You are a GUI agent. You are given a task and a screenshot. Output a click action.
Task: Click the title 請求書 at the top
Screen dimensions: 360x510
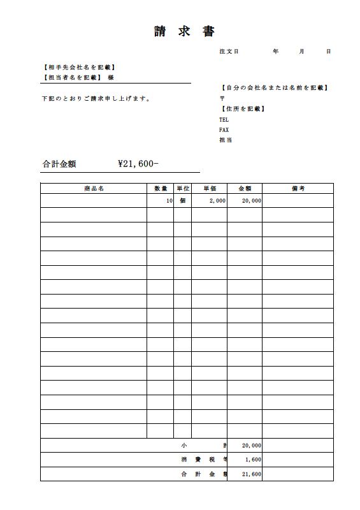[184, 32]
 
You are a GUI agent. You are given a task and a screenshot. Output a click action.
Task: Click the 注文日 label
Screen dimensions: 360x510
[228, 51]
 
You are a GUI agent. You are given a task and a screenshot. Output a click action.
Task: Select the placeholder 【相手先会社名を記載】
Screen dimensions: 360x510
[78, 67]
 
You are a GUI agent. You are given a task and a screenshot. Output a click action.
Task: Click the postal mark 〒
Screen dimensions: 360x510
[222, 99]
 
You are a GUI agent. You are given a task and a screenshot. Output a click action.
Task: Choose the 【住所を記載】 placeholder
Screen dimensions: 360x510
[242, 109]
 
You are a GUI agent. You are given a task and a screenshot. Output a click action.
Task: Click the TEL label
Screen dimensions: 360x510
[224, 119]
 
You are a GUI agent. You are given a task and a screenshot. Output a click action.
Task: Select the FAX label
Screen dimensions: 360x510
[224, 129]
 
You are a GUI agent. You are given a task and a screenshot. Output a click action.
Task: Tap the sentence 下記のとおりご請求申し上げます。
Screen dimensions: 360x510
[96, 99]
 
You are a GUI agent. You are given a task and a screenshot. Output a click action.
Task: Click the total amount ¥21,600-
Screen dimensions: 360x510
[138, 164]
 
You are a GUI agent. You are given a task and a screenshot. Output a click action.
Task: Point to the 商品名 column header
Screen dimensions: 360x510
[93, 188]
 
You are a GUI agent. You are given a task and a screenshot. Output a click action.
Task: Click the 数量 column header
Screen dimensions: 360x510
[161, 188]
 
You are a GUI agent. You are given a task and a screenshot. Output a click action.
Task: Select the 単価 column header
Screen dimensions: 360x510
[210, 188]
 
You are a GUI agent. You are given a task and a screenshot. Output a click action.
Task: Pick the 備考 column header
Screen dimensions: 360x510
[298, 188]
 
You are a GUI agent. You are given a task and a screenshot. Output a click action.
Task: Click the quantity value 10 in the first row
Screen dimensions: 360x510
[169, 201]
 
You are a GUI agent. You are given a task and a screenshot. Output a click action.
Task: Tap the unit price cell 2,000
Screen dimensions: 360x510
[217, 201]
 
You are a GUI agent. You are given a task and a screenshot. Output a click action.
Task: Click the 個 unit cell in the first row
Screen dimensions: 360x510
[182, 201]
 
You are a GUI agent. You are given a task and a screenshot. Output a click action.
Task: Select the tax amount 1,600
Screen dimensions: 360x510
[252, 460]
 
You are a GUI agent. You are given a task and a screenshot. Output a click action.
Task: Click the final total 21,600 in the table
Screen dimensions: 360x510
[251, 474]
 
